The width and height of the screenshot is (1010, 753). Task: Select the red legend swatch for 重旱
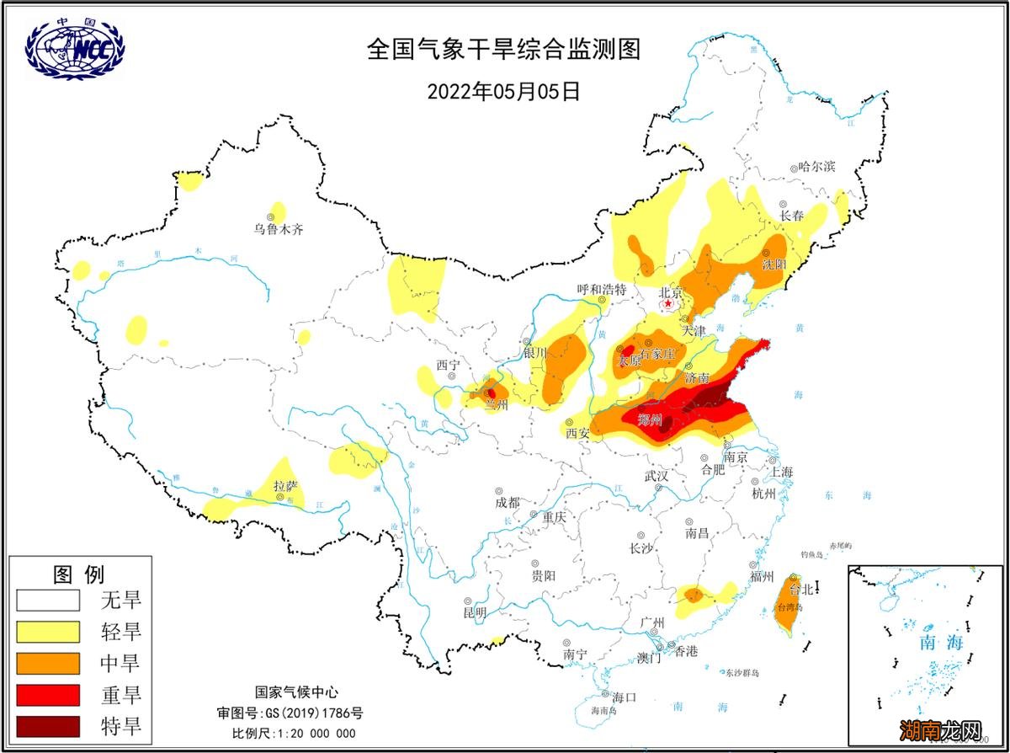tap(47, 695)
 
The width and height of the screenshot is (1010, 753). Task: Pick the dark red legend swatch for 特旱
tap(47, 726)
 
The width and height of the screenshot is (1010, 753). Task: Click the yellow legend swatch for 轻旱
tap(47, 632)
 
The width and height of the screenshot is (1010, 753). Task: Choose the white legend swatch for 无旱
tap(47, 601)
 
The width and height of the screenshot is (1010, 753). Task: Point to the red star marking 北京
tap(668, 303)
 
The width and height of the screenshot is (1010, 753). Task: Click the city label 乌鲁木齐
tap(279, 229)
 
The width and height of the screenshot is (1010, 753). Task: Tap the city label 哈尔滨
tap(817, 167)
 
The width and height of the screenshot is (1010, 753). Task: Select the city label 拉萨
tap(286, 485)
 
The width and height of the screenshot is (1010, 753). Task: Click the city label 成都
tap(508, 502)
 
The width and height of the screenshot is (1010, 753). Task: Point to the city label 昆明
tap(475, 612)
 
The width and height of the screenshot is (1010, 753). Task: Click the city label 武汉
tap(656, 476)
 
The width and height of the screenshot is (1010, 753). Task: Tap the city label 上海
tap(781, 472)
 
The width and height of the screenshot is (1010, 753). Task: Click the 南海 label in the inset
tap(940, 643)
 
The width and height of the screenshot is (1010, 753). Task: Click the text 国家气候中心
tap(295, 692)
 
